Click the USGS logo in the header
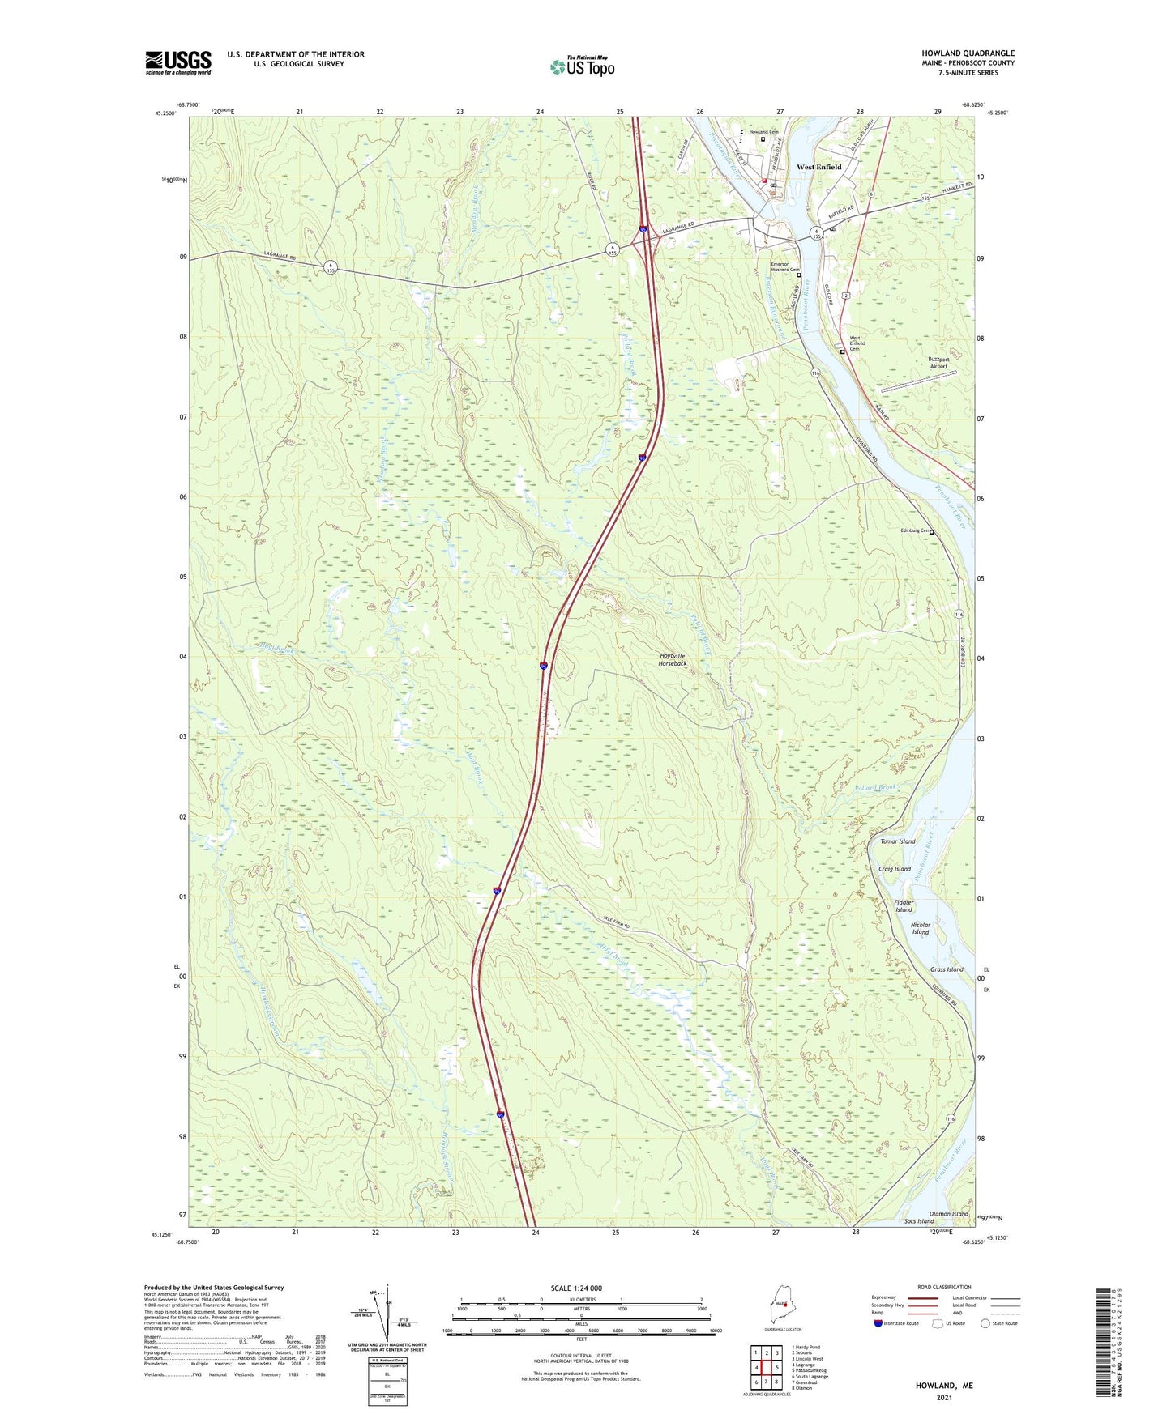click(178, 62)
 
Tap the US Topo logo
click(582, 66)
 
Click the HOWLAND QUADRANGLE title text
click(968, 53)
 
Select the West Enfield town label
click(818, 168)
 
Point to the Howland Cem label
click(763, 132)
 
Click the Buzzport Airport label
click(938, 363)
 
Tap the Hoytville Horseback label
click(672, 660)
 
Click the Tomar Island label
click(897, 841)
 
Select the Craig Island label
click(894, 869)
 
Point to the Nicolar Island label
click(921, 928)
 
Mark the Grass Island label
click(947, 969)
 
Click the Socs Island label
click(919, 1221)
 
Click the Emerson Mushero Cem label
click(784, 267)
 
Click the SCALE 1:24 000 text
click(576, 1288)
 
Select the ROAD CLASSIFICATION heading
click(944, 1287)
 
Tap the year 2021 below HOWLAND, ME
click(944, 1398)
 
